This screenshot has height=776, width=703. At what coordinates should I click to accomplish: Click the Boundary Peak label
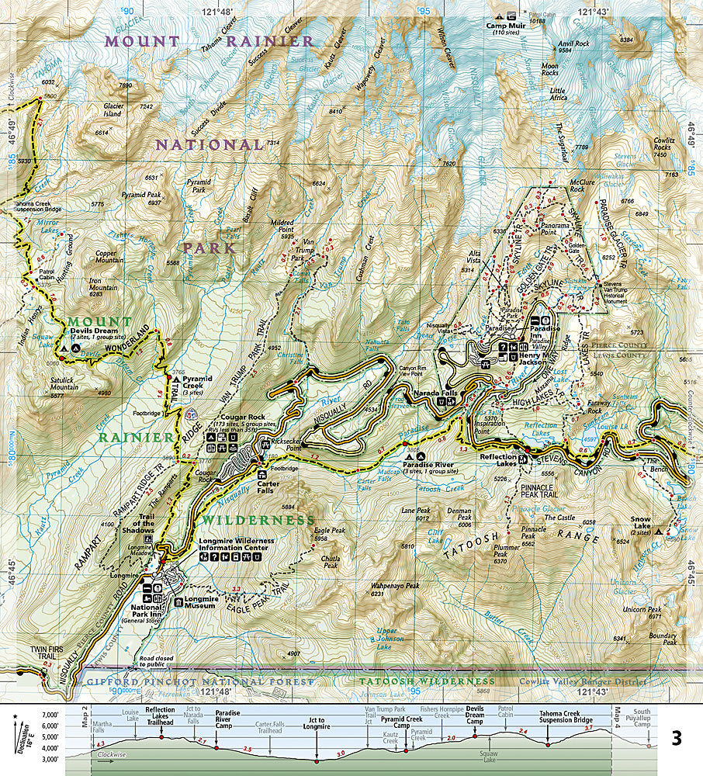[x=663, y=639]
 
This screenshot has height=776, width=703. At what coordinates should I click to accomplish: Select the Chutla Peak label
[x=331, y=563]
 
